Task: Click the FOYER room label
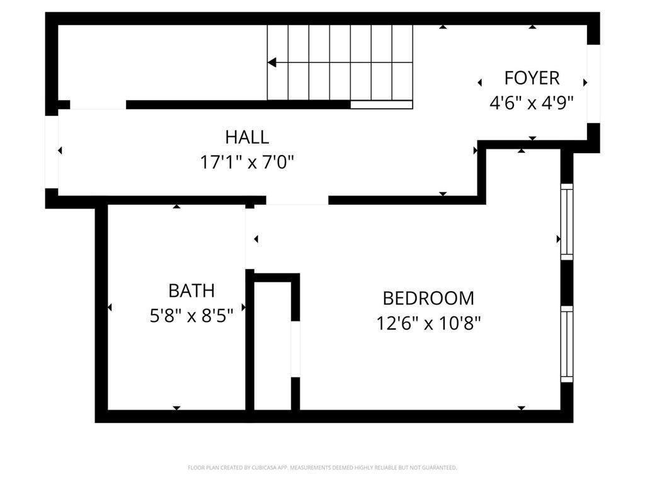[532, 78]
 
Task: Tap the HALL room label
[247, 137]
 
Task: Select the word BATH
[191, 291]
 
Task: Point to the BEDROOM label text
[428, 298]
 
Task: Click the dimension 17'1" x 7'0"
[247, 163]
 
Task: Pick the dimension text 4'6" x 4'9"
[532, 103]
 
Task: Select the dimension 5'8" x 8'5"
[191, 316]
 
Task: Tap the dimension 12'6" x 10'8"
[428, 323]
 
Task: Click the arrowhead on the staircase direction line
[272, 62]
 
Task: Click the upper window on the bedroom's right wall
[567, 222]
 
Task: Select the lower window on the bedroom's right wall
[567, 343]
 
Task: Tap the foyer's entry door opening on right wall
[593, 84]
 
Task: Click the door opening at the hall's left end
[52, 151]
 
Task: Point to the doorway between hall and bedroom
[297, 200]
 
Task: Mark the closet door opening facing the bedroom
[295, 349]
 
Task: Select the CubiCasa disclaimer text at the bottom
[322, 468]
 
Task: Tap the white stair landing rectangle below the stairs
[381, 105]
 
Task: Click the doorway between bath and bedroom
[249, 238]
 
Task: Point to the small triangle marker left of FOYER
[480, 83]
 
